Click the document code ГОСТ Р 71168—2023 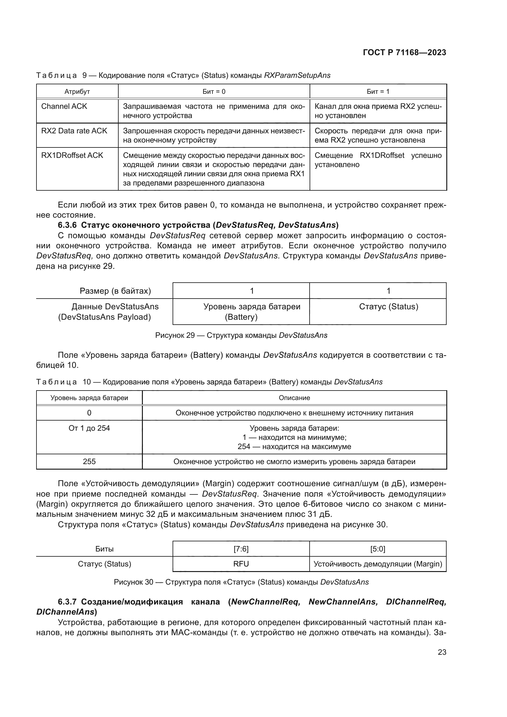(x=404, y=52)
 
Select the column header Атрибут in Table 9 (x=77, y=91)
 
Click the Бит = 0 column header (x=214, y=91)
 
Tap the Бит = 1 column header (x=378, y=91)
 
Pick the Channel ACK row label (x=64, y=106)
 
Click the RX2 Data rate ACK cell (x=74, y=131)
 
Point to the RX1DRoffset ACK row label (x=72, y=155)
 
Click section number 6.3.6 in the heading (x=67, y=225)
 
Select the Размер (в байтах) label (x=115, y=291)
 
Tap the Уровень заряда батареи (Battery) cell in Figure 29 (x=252, y=312)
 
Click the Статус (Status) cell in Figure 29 (x=388, y=307)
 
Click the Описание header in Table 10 (x=294, y=398)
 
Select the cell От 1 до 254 (x=89, y=428)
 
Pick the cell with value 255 (x=89, y=462)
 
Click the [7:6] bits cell (x=241, y=549)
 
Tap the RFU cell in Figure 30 (x=241, y=564)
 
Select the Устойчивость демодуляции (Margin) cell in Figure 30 (x=378, y=564)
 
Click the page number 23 (x=442, y=652)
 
